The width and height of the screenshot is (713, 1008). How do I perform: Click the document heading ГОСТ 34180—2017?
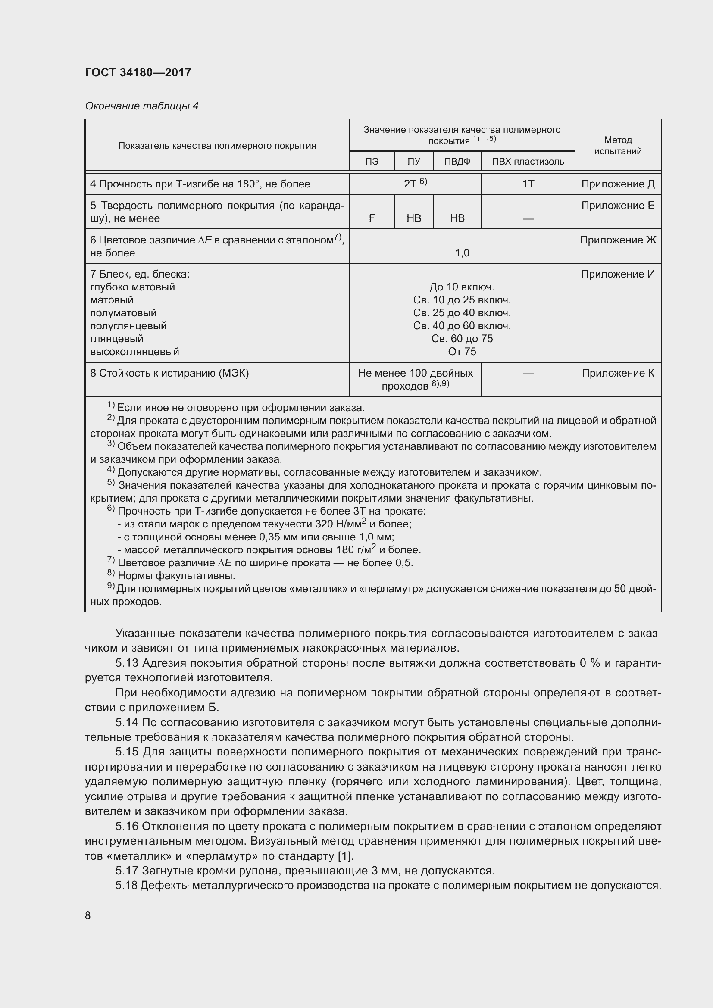click(138, 73)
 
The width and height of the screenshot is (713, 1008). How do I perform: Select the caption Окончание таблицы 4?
click(141, 106)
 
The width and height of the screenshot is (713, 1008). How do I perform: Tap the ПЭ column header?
click(372, 162)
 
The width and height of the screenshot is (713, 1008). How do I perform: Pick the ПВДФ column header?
click(457, 162)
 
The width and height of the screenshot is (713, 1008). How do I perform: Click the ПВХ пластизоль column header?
click(528, 162)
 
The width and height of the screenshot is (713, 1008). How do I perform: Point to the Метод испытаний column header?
click(617, 145)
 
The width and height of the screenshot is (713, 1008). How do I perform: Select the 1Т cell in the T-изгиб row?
click(528, 184)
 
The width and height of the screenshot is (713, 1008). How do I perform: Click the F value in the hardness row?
click(372, 218)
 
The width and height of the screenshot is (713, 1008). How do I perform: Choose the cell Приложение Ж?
click(617, 240)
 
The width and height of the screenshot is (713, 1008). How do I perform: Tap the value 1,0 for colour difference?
click(462, 253)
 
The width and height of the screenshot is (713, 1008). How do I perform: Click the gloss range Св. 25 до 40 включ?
click(462, 313)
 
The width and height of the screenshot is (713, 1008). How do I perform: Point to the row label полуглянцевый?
click(128, 326)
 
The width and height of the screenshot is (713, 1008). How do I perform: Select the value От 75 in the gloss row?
click(462, 352)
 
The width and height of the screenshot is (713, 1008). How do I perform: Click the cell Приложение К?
click(617, 373)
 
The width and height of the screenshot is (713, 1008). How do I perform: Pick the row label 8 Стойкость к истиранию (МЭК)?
click(169, 373)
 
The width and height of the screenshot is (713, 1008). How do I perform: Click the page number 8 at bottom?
click(88, 915)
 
